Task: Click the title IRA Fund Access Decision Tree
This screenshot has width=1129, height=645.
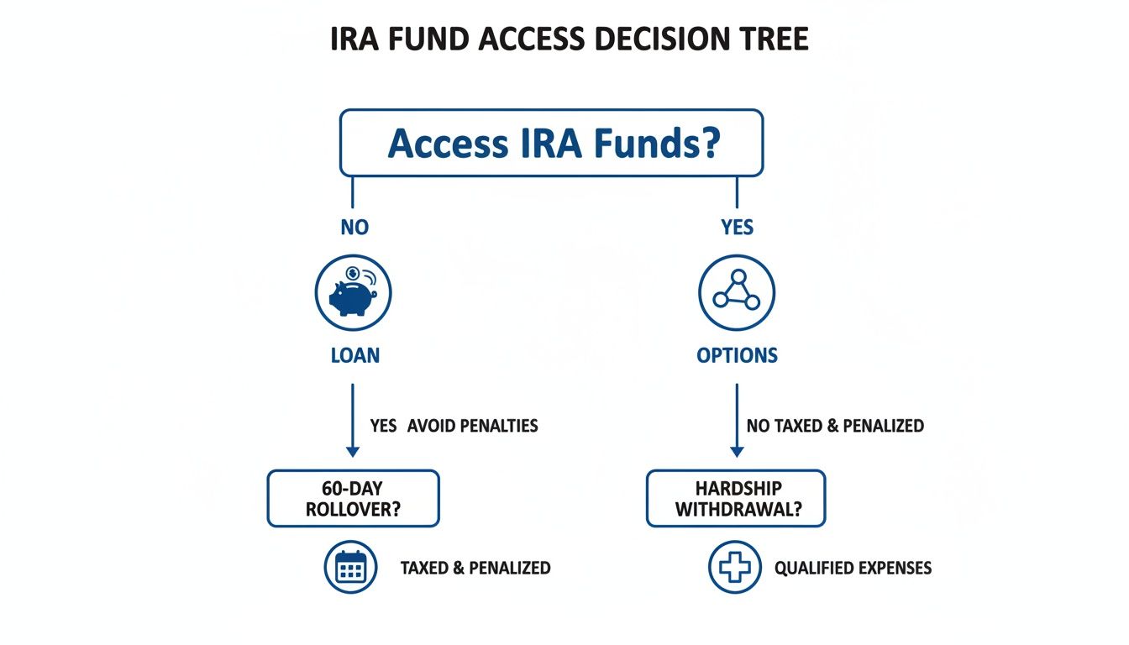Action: pyautogui.click(x=570, y=39)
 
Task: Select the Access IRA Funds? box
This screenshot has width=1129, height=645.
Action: pyautogui.click(x=551, y=143)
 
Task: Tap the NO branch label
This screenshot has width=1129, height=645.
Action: pyautogui.click(x=354, y=228)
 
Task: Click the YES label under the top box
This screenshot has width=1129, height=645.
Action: pyautogui.click(x=737, y=228)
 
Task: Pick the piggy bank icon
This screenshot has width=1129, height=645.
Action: pyautogui.click(x=354, y=293)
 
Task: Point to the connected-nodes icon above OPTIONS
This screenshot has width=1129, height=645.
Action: pyautogui.click(x=737, y=293)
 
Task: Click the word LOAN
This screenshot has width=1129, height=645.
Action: pyautogui.click(x=354, y=355)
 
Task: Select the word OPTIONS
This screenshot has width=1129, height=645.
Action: pyautogui.click(x=737, y=355)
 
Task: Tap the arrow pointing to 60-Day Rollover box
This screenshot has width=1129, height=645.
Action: pyautogui.click(x=353, y=420)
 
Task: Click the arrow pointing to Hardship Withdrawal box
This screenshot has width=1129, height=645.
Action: pyautogui.click(x=737, y=420)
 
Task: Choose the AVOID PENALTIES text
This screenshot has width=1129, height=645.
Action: pyautogui.click(x=472, y=426)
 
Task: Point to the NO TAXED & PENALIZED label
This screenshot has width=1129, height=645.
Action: pyautogui.click(x=835, y=426)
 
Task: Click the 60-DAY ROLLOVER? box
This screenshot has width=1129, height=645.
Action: pyautogui.click(x=353, y=499)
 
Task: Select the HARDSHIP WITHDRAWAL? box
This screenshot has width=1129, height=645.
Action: pyautogui.click(x=736, y=499)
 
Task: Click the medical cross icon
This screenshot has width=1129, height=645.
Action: pyautogui.click(x=734, y=569)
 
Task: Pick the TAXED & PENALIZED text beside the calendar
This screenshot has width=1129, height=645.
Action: pyautogui.click(x=475, y=569)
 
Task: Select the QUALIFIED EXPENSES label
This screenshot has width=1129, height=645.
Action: pyautogui.click(x=853, y=569)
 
